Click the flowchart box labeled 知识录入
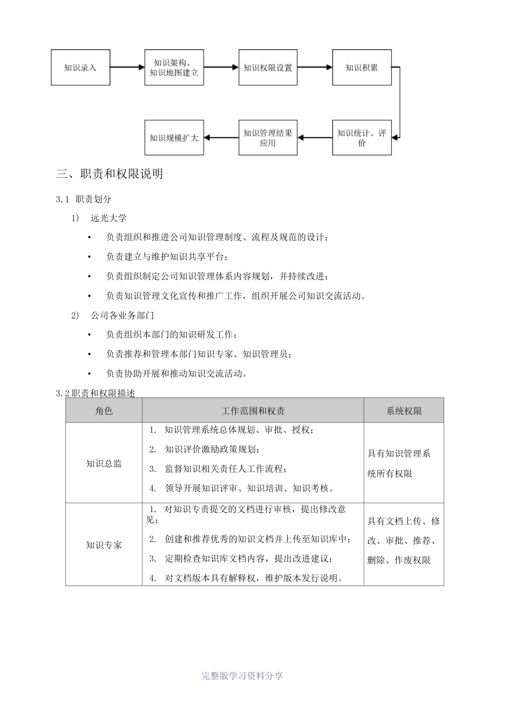point(80,67)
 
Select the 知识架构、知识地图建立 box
point(174,67)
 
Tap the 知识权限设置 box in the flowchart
point(268,67)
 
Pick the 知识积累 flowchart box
point(362,67)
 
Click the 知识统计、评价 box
point(362,138)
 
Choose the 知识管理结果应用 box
point(268,138)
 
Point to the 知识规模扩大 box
point(174,138)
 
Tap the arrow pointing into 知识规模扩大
point(221,138)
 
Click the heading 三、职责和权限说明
point(110,174)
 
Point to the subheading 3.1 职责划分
point(84,199)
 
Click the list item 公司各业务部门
point(122,315)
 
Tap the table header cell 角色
point(104,411)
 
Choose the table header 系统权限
point(404,411)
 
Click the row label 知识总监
point(104,463)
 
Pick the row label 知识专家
point(104,545)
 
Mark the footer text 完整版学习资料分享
point(242,676)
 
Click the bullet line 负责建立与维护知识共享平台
point(167,257)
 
